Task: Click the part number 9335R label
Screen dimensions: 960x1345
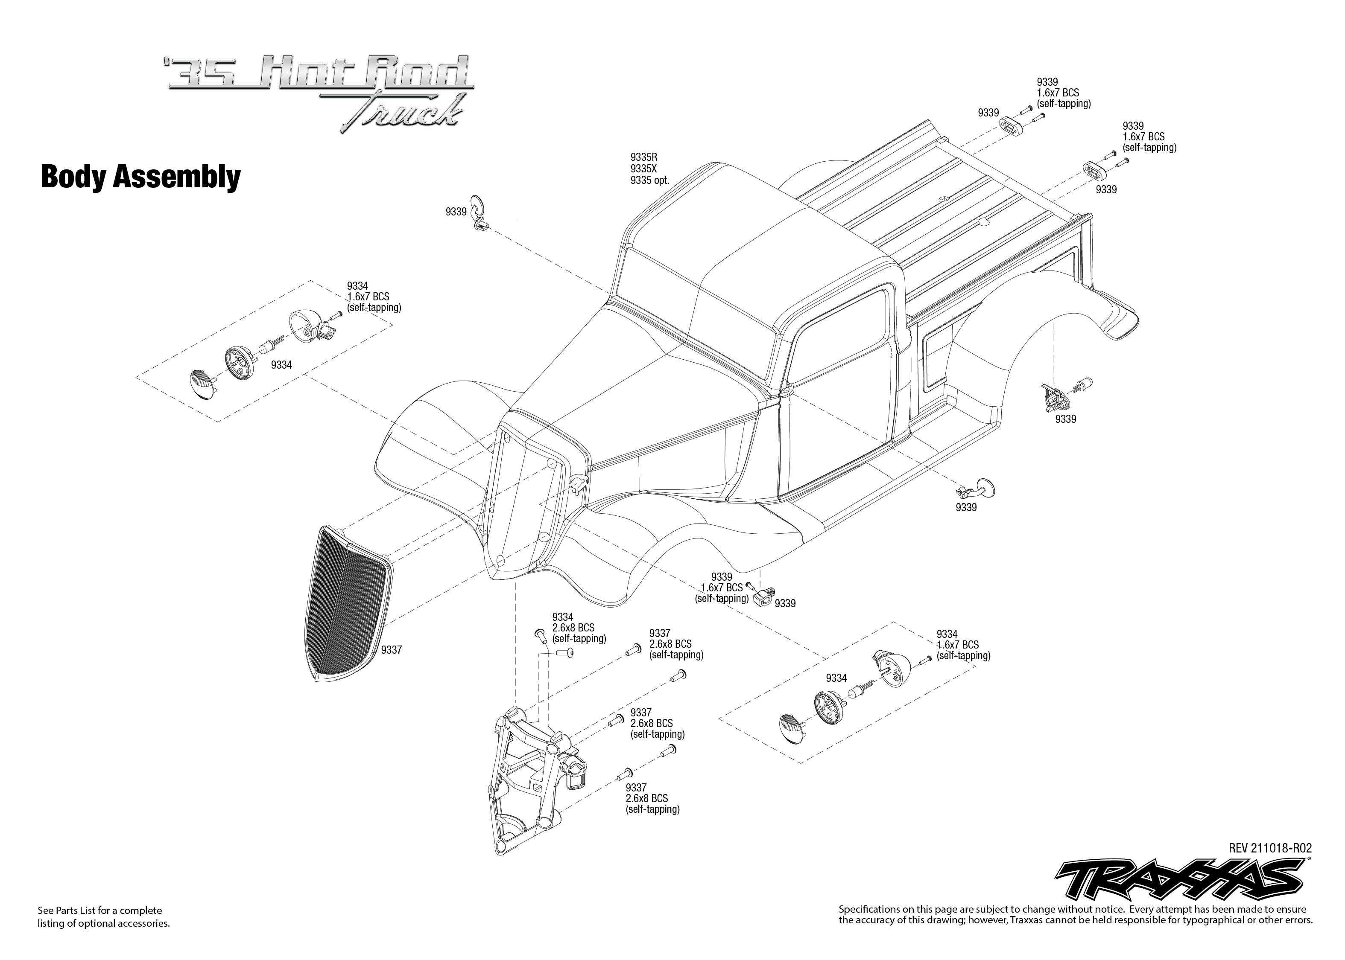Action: point(643,157)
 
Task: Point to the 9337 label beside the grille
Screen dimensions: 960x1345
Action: point(391,650)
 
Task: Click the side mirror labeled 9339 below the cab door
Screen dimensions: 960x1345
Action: point(984,487)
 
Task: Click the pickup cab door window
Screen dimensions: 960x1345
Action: point(840,349)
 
